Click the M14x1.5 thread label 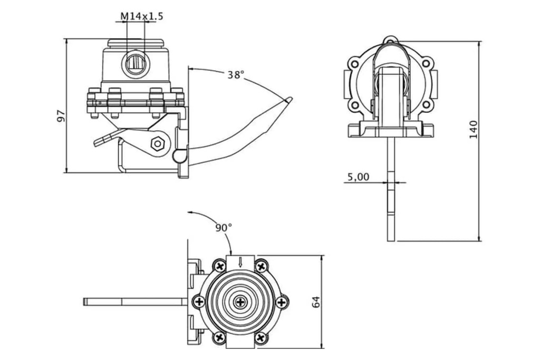click(141, 16)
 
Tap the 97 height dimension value click(61, 116)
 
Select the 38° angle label click(236, 75)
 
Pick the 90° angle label click(223, 228)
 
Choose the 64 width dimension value click(315, 302)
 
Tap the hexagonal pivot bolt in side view click(157, 143)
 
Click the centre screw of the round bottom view click(240, 302)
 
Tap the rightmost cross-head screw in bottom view click(282, 302)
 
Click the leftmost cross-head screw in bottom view click(199, 302)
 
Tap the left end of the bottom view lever click(85, 302)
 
